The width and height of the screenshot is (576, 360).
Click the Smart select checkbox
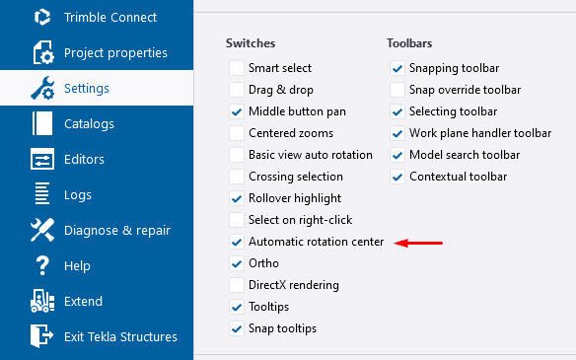[x=236, y=68]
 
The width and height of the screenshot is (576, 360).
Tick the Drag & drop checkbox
[x=236, y=90]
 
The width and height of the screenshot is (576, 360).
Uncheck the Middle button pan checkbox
[x=236, y=111]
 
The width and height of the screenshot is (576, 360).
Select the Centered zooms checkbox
[x=236, y=133]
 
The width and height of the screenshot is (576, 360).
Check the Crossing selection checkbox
[x=236, y=177]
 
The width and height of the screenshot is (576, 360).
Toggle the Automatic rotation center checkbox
[x=236, y=242]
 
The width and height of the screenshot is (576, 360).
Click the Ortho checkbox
[x=236, y=263]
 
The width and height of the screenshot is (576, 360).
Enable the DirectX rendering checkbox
[x=236, y=285]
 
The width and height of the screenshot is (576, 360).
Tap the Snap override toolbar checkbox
[x=396, y=90]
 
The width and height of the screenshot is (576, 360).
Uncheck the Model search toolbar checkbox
[x=396, y=155]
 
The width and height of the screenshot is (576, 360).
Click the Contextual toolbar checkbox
[x=396, y=177]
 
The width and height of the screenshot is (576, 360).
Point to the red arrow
[x=418, y=242]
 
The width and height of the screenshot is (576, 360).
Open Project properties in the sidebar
[x=115, y=52]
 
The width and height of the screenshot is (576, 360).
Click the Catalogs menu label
[x=89, y=123]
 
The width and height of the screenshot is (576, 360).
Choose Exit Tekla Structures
[x=120, y=336]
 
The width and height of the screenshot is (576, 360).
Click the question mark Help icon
[x=42, y=265]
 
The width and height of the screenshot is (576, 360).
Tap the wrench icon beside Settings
[x=42, y=88]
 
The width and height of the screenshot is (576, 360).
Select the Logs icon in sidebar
[x=42, y=194]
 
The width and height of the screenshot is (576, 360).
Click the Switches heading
[x=251, y=43]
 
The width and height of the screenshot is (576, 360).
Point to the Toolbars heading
[x=409, y=43]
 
